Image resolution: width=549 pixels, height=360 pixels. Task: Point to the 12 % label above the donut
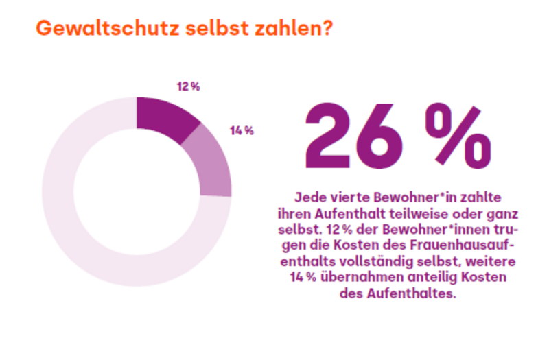pos(187,86)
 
